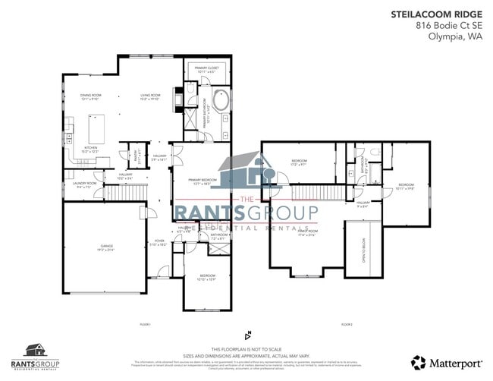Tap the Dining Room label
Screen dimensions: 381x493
click(91, 96)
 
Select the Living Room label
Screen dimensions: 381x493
click(148, 96)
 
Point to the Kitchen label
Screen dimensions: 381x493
click(91, 150)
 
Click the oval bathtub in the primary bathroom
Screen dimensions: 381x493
click(221, 101)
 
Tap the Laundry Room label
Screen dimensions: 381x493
click(85, 184)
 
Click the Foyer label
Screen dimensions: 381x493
click(159, 243)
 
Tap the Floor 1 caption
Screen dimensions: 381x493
click(146, 324)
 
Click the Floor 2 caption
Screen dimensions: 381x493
click(347, 324)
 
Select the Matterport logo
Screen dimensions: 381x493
click(444, 364)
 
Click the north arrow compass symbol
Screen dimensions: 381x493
click(247, 334)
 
